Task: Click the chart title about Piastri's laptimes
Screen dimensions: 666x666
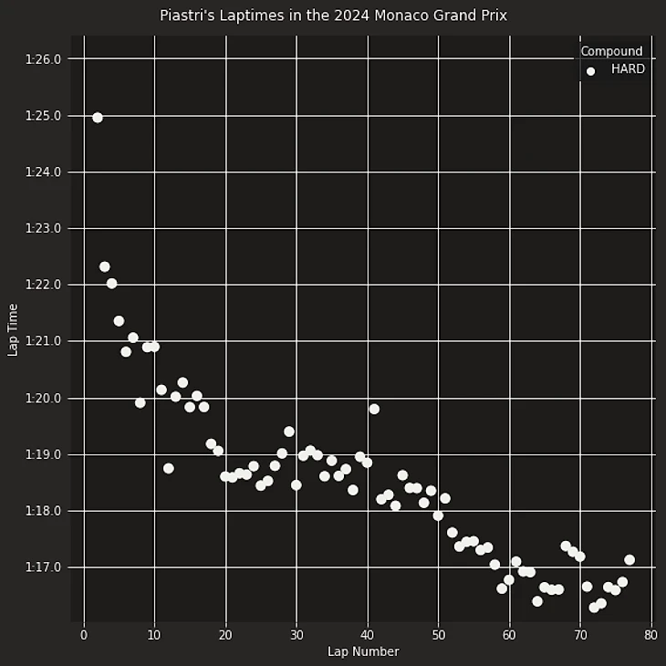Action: click(333, 16)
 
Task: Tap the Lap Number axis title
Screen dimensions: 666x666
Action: click(363, 651)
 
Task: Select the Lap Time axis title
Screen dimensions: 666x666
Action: click(13, 329)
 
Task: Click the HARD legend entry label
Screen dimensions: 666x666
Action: click(628, 69)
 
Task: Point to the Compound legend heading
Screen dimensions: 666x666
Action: click(611, 52)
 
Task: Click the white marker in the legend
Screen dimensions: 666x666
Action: click(590, 70)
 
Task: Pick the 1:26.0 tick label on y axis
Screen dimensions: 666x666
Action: click(43, 59)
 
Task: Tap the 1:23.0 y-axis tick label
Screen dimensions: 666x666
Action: click(43, 229)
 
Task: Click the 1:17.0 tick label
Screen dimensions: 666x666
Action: click(43, 567)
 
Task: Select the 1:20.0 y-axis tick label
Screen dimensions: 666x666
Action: click(43, 399)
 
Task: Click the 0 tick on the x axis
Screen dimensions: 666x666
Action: click(84, 635)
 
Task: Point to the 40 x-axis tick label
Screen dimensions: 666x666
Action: click(367, 635)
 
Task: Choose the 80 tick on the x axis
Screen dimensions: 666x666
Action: click(650, 635)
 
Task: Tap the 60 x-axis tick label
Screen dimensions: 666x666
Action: click(509, 635)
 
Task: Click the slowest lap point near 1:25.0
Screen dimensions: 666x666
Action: click(98, 118)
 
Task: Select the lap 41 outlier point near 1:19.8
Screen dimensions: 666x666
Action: click(374, 409)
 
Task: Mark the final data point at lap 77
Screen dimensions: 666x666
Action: click(630, 560)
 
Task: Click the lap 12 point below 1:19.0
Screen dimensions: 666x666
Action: click(169, 468)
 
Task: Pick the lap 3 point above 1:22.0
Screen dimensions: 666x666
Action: click(105, 266)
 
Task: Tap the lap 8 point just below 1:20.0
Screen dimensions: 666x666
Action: click(140, 402)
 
